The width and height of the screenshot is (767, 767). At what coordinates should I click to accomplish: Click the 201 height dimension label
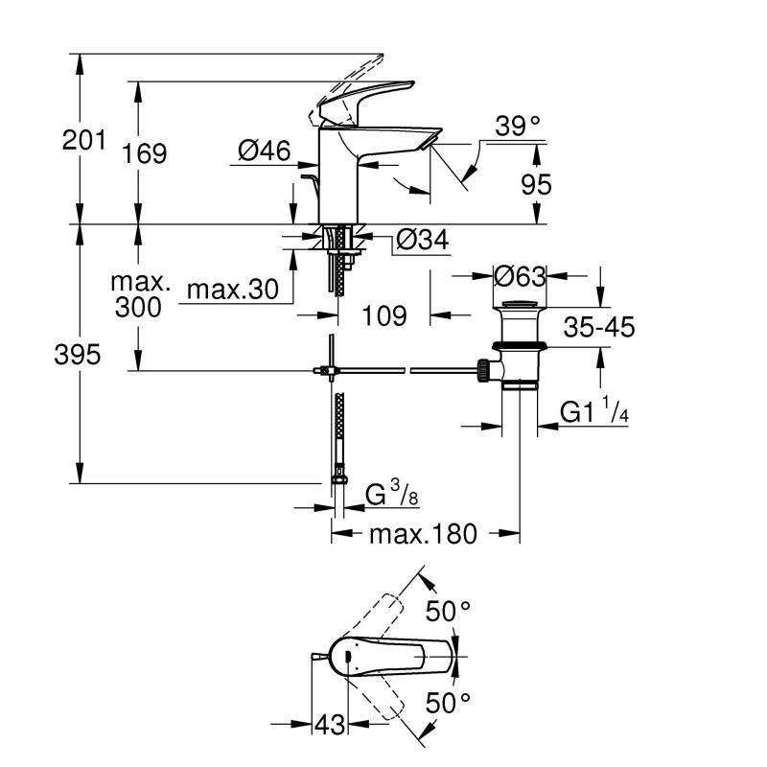pos(83,141)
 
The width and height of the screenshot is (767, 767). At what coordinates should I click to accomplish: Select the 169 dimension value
pos(146,153)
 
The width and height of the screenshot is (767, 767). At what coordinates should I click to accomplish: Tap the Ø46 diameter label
pos(265,150)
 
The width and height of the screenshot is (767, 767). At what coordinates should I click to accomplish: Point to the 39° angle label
pos(518,126)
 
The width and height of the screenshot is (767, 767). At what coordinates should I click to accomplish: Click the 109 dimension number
pos(384,314)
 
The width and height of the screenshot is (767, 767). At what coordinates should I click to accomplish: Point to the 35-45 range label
pos(599,327)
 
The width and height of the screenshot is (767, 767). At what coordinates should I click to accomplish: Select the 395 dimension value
pos(76,355)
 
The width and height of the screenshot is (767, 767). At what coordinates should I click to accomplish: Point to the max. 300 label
pos(140,295)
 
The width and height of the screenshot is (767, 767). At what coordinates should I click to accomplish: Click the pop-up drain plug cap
pos(520,307)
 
